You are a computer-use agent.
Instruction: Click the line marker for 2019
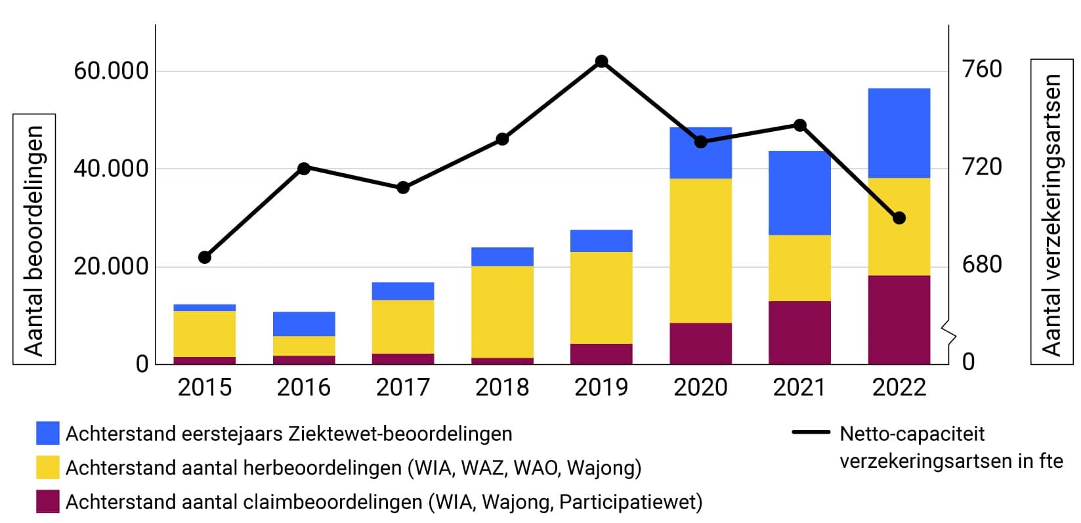(x=601, y=62)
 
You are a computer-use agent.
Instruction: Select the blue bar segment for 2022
(x=899, y=133)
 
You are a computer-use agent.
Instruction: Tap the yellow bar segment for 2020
(x=700, y=251)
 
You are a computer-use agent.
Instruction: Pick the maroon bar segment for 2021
(x=799, y=333)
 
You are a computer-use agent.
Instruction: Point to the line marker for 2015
(x=205, y=257)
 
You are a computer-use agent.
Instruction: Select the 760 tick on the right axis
(x=982, y=70)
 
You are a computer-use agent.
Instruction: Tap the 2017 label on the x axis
(x=403, y=387)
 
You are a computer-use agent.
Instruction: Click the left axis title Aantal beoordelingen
(x=34, y=240)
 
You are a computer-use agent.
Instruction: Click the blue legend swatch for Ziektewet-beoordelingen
(x=48, y=434)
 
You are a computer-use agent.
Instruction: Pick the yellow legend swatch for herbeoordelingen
(x=48, y=468)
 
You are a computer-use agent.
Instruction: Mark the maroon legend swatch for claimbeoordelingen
(x=48, y=502)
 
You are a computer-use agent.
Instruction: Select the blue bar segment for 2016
(x=304, y=324)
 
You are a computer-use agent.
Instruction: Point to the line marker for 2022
(x=899, y=218)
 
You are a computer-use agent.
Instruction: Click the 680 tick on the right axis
(x=982, y=265)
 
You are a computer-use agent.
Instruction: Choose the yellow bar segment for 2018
(x=502, y=312)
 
